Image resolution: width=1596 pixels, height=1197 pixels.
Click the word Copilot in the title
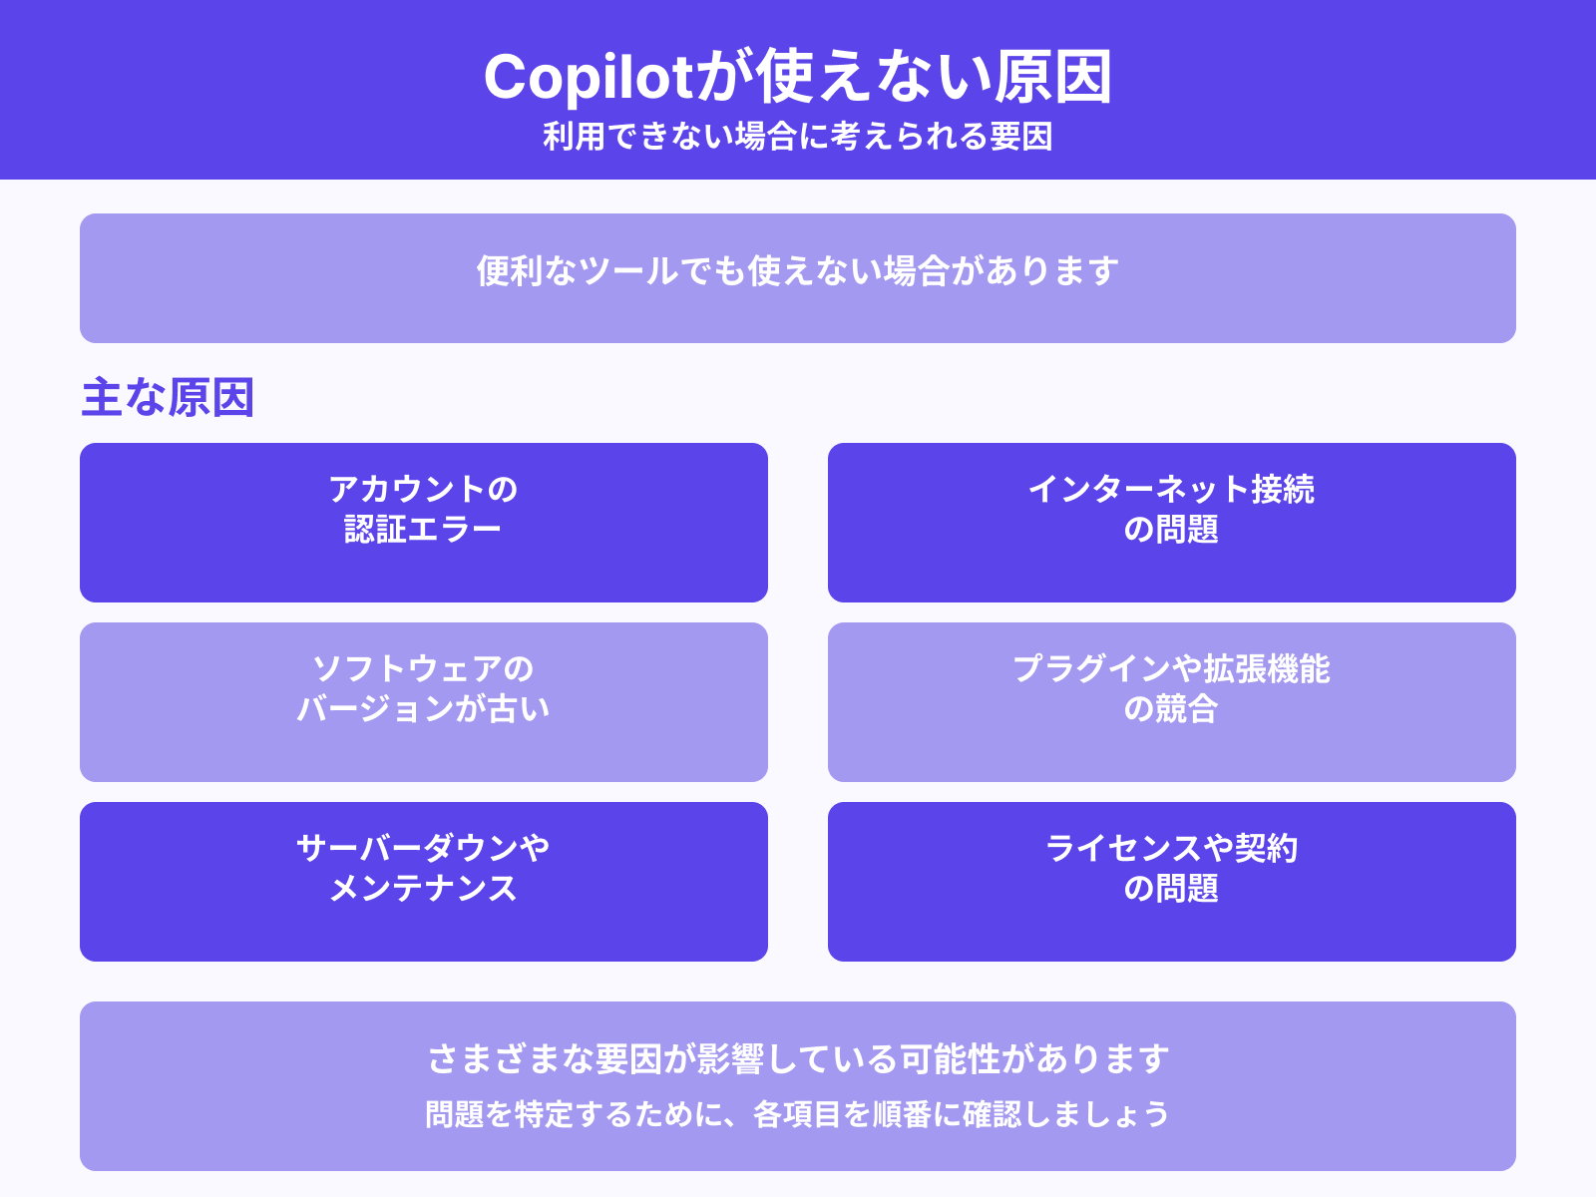pyautogui.click(x=588, y=77)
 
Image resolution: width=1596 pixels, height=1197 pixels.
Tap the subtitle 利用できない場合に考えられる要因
pyautogui.click(x=798, y=137)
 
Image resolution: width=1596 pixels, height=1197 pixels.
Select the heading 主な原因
pyautogui.click(x=168, y=397)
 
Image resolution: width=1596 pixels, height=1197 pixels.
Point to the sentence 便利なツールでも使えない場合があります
pyautogui.click(x=798, y=271)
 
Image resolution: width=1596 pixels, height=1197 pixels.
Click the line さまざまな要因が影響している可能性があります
pyautogui.click(x=798, y=1058)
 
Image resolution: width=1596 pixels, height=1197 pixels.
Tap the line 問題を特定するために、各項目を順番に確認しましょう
pyautogui.click(x=798, y=1114)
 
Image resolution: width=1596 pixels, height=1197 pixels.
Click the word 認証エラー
pyautogui.click(x=423, y=529)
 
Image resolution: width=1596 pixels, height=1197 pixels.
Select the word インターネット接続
pyautogui.click(x=1171, y=489)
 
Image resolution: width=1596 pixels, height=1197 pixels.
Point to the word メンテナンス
pyautogui.click(x=423, y=888)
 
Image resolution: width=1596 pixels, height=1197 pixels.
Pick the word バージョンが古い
pyautogui.click(x=423, y=708)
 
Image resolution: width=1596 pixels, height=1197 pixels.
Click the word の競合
pyautogui.click(x=1171, y=708)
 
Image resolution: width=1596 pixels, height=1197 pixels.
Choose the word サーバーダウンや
pyautogui.click(x=423, y=848)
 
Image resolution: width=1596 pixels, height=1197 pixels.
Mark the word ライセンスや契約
pyautogui.click(x=1171, y=848)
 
